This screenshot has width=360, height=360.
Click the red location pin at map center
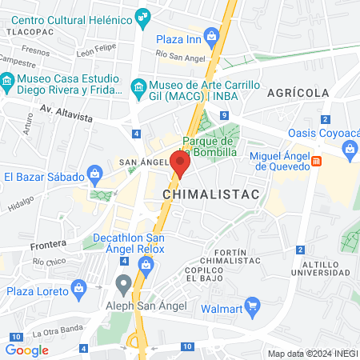click(x=181, y=163)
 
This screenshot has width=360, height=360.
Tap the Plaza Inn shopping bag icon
click(x=211, y=36)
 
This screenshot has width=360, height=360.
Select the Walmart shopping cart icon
click(x=253, y=304)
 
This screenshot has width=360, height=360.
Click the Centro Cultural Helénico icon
click(x=144, y=15)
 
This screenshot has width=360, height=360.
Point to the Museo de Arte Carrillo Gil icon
click(x=138, y=86)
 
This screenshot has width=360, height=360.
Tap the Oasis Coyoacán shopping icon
click(x=349, y=148)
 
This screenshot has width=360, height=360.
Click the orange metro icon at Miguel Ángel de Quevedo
click(x=317, y=161)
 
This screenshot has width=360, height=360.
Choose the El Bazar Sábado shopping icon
click(x=95, y=173)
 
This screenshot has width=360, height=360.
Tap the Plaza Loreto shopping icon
click(x=78, y=287)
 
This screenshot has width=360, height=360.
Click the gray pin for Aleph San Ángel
click(x=123, y=282)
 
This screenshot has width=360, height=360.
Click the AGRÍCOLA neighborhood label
click(x=298, y=94)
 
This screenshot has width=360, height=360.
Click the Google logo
click(x=27, y=350)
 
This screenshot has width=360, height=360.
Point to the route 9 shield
click(x=225, y=117)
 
